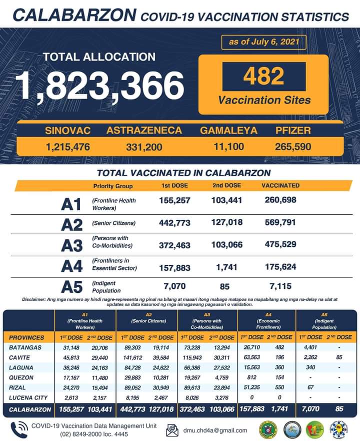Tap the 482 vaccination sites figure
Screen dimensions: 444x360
263,77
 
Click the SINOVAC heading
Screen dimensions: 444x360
68,131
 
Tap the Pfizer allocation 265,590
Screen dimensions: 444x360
293,147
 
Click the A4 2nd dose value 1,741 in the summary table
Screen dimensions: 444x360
226,267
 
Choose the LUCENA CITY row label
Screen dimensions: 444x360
29,398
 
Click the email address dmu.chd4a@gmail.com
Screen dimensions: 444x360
215,430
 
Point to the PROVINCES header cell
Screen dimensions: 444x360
27,337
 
